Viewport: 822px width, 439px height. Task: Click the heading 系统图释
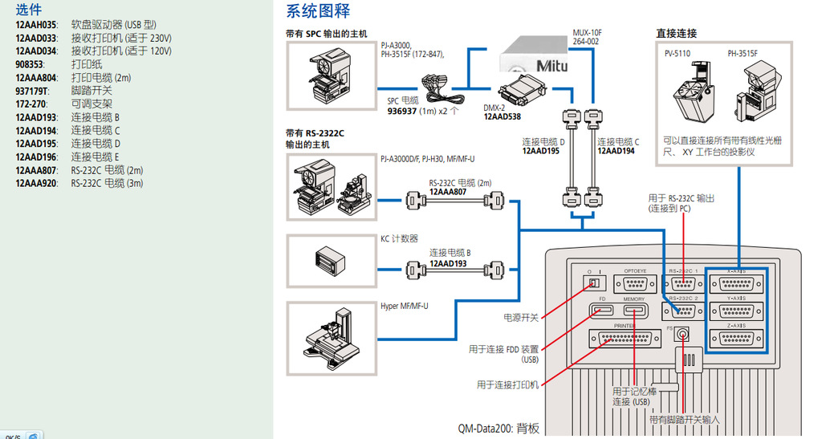319,11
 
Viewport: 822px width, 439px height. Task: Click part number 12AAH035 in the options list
35,25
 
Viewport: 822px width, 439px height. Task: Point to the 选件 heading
29,9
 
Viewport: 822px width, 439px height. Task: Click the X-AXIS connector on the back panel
735,285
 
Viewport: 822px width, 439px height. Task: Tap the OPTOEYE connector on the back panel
634,284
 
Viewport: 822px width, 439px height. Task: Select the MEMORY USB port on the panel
634,311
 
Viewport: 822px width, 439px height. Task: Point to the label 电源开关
521,318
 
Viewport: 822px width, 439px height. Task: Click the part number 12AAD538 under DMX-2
502,116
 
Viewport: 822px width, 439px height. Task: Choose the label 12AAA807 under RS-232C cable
449,192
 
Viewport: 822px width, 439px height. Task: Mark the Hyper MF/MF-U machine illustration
332,338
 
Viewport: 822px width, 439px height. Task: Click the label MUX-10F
587,33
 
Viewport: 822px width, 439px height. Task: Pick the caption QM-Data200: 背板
498,429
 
